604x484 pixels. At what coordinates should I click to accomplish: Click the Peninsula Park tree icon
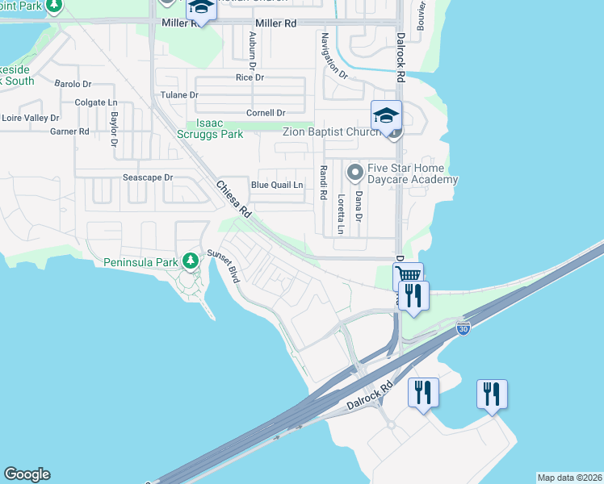(190, 261)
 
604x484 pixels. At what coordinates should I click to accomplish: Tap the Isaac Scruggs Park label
(210, 128)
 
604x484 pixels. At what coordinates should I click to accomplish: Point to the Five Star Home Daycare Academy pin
(354, 173)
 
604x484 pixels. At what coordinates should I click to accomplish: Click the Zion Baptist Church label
(330, 131)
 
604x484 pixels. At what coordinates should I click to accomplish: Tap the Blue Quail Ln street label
(277, 185)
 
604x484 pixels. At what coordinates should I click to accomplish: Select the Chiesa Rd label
(235, 198)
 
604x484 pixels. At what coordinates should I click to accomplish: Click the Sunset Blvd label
(225, 264)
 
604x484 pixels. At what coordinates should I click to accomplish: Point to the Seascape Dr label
(148, 177)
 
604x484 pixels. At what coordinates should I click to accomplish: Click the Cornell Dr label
(266, 113)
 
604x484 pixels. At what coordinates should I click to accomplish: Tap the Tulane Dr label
(179, 95)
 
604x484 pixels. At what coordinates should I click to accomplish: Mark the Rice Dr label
(250, 77)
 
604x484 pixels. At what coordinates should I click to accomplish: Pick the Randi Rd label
(323, 182)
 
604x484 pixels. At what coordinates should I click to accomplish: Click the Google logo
(27, 474)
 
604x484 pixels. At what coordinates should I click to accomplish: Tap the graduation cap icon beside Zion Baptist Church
(386, 114)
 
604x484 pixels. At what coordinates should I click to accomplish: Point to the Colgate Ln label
(96, 102)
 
